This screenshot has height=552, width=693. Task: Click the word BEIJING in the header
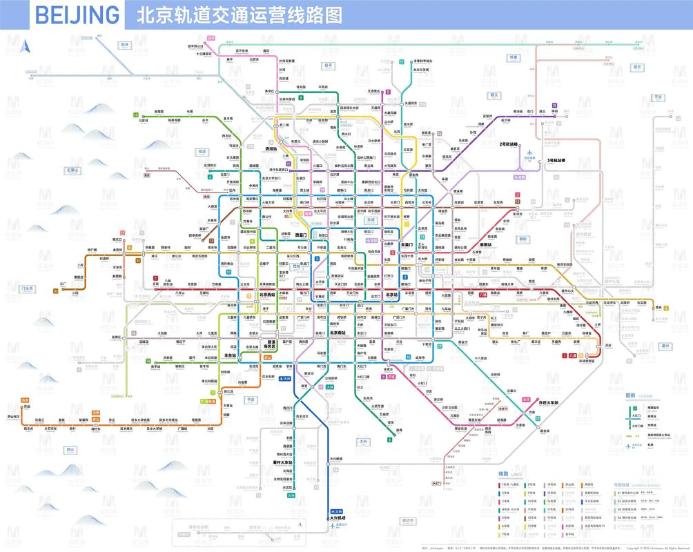point(76,14)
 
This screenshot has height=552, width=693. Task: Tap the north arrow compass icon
point(26,47)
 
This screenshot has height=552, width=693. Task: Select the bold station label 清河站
point(271,149)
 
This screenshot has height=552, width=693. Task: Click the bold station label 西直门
point(301,235)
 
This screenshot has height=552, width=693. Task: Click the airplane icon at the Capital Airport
point(530,153)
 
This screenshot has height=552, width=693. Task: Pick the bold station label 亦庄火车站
point(549,402)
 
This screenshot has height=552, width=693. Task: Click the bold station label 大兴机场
point(336,517)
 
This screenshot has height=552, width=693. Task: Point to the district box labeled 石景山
point(72,169)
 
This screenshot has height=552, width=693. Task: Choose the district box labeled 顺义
point(494,95)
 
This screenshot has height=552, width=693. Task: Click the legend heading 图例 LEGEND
point(638,396)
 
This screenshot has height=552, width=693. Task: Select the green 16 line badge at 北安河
point(136,115)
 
